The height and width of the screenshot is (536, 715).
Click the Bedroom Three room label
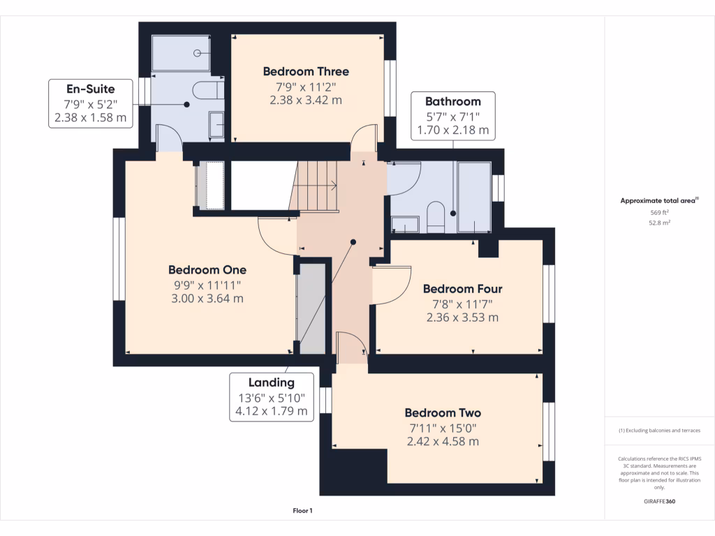[306, 72]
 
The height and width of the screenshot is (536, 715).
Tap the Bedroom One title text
[207, 270]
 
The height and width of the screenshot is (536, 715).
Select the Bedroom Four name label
[463, 289]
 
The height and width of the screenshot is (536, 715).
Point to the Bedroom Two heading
[443, 413]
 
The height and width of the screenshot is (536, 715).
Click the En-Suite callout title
[91, 89]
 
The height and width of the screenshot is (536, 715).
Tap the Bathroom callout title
[453, 101]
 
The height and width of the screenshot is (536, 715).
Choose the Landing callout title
[272, 383]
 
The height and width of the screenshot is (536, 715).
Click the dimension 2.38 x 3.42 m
[306, 100]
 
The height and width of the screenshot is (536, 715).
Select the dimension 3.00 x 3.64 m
[207, 299]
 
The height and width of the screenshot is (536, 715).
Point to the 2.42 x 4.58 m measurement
[443, 442]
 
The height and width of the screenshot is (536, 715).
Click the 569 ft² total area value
[659, 212]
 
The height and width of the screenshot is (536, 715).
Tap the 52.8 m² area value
[659, 223]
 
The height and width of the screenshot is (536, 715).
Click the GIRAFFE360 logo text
[659, 501]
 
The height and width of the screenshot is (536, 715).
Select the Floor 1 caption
[303, 511]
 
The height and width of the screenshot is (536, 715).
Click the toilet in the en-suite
[208, 90]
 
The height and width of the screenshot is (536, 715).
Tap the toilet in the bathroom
[436, 216]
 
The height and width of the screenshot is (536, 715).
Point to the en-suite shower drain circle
[197, 53]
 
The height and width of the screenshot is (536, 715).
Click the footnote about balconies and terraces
[659, 430]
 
